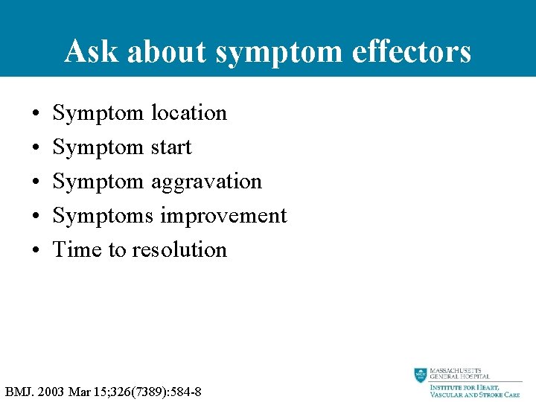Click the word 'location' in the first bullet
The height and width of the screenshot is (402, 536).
coord(188,113)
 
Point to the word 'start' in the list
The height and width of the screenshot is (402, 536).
coord(170,147)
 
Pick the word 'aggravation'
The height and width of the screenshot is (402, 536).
coord(206,182)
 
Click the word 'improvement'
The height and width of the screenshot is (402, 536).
coord(223,216)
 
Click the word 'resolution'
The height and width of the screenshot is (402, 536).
coord(179,249)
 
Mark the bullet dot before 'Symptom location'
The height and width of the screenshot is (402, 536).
coord(36,114)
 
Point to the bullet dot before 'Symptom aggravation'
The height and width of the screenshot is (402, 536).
coord(36,182)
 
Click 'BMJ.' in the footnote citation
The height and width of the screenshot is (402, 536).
coord(19,391)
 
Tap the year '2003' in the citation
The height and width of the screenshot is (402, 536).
coord(51,391)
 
